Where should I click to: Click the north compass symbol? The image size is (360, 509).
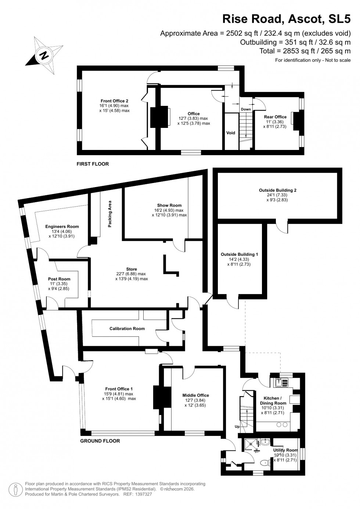tap(44, 56)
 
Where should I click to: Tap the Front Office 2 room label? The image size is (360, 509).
tap(114, 101)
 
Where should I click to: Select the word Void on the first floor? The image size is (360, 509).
tap(230, 133)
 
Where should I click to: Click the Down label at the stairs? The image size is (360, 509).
tap(246, 109)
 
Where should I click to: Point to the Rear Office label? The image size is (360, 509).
tap(275, 117)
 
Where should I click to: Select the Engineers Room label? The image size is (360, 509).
tap(62, 226)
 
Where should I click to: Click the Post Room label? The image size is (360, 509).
tap(59, 279)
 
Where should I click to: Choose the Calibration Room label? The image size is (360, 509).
tap(127, 329)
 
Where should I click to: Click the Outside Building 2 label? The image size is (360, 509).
tap(277, 190)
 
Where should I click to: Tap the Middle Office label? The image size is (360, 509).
tap(195, 395)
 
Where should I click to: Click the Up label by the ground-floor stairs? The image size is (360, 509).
tap(237, 426)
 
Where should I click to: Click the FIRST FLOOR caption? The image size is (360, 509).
tap(93, 164)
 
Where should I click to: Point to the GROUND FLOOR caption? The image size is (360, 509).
tap(100, 441)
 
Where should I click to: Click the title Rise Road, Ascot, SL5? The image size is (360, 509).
tap(287, 18)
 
